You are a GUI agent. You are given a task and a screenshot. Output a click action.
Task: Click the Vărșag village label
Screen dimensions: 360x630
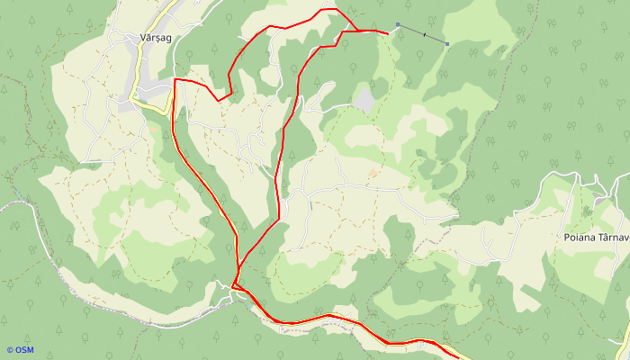click(x=156, y=38)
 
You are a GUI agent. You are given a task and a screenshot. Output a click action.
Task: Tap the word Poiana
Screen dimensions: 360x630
click(x=580, y=238)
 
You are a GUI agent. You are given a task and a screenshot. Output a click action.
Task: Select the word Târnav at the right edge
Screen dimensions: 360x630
click(x=614, y=238)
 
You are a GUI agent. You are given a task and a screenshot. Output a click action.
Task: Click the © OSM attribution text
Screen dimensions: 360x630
click(x=20, y=350)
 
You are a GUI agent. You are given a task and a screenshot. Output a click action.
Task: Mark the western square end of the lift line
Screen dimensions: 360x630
click(x=397, y=24)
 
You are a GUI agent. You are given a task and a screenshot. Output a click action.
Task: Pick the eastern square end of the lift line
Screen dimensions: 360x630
click(x=447, y=43)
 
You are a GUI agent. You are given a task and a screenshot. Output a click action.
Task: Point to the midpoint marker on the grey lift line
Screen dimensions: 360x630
click(x=423, y=34)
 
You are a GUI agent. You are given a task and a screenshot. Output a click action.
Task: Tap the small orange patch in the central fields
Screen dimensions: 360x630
click(x=373, y=173)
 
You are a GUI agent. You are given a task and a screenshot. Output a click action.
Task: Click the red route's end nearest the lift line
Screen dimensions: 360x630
click(x=388, y=33)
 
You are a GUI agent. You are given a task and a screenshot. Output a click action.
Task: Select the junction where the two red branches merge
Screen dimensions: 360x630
click(x=236, y=284)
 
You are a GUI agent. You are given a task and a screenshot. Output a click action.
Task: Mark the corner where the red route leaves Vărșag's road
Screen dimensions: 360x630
click(x=175, y=80)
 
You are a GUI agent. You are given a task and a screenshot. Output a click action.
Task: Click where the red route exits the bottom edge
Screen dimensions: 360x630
click(x=457, y=357)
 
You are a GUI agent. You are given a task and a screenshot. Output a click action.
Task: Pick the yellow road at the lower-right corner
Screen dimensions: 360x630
click(x=623, y=347)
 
